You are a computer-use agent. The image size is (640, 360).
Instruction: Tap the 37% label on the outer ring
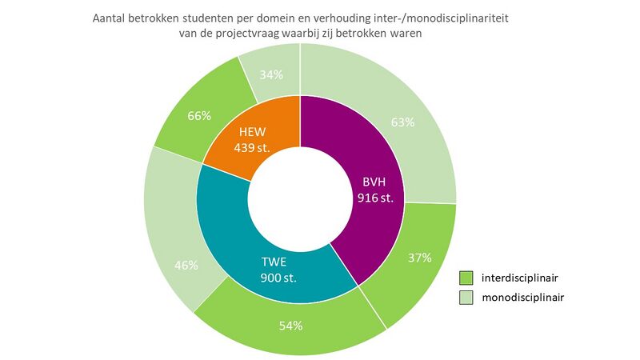click(418, 258)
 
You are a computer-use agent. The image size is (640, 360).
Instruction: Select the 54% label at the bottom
click(290, 326)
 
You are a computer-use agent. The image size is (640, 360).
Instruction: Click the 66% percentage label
click(199, 116)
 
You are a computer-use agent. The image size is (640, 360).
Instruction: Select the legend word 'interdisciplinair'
click(518, 278)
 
